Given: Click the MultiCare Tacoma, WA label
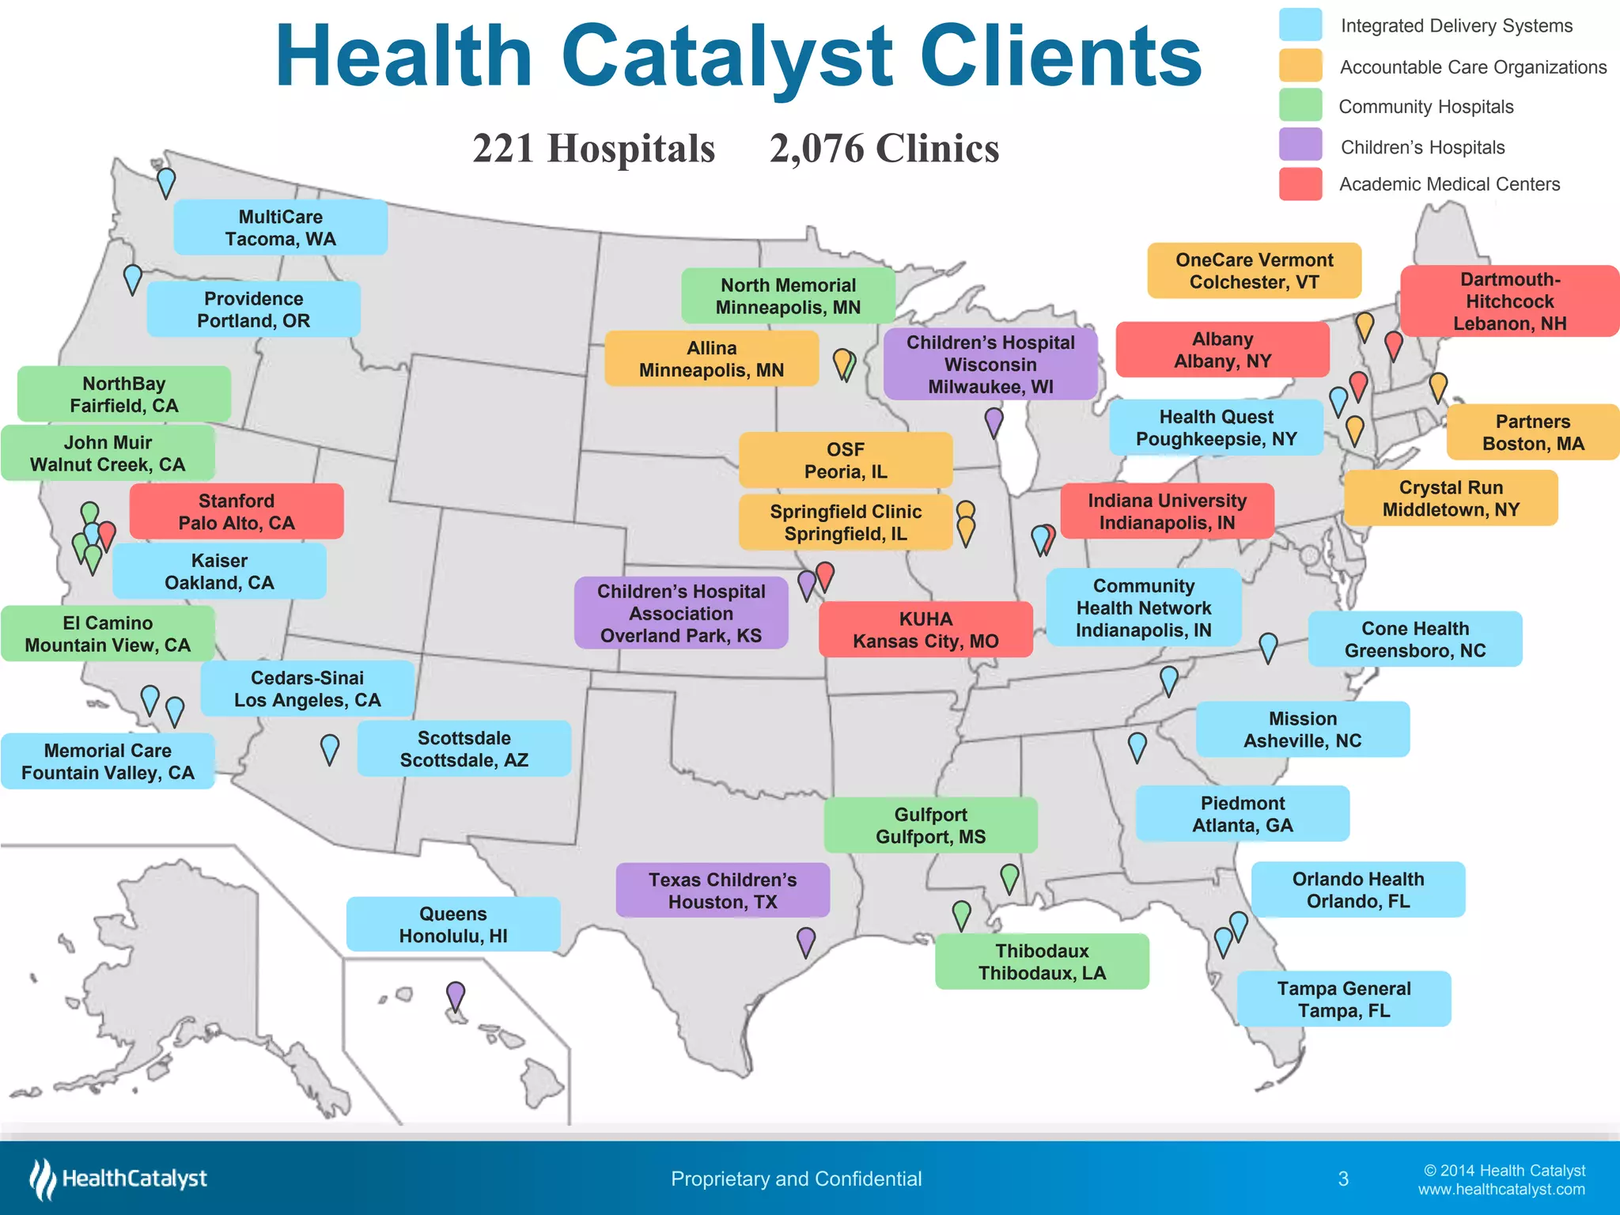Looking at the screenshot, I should coord(280,228).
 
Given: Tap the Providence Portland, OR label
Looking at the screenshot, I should coord(253,309).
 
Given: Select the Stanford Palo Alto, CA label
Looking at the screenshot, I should coord(236,512).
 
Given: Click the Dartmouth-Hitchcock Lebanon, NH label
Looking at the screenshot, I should coord(1509,301).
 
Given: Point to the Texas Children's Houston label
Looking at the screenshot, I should coord(722,891).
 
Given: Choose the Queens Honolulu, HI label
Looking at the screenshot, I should coord(452,925).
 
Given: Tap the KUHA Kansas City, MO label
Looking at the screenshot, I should coord(925,630).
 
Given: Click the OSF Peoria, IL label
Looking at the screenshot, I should coord(845,460).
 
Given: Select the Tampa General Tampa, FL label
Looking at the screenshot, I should coord(1343,999).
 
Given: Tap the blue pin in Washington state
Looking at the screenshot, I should coord(166,181).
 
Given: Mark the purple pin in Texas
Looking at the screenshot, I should coord(805,941).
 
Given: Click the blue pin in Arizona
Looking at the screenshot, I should coord(330,748).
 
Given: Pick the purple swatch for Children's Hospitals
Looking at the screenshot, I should coord(1300,145).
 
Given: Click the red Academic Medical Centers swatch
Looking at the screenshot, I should coord(1300,184).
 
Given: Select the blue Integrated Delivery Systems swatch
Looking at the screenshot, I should coord(1300,25).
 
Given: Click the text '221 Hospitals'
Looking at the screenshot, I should coord(593,149).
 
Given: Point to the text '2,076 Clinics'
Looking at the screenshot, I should coord(884,149).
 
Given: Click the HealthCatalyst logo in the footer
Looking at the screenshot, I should coord(119,1179).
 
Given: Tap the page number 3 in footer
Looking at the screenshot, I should coord(1343,1179).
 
